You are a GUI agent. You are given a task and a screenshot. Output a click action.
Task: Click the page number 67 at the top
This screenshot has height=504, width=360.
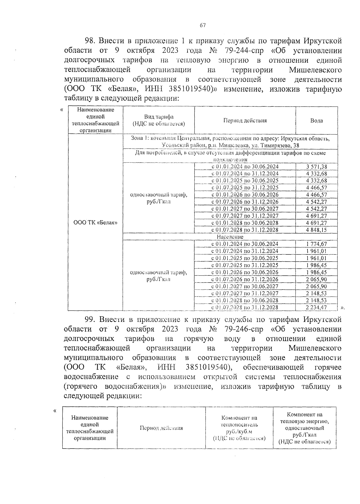[x=202, y=25]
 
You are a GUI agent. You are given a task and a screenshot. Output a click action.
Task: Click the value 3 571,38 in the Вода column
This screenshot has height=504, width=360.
[x=316, y=167]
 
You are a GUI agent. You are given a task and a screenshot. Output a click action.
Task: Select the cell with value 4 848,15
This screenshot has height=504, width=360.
[x=316, y=230]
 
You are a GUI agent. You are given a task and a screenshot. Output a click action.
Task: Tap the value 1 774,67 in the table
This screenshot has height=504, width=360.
[x=316, y=244]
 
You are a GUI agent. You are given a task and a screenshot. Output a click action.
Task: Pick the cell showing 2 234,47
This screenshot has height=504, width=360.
[x=316, y=307]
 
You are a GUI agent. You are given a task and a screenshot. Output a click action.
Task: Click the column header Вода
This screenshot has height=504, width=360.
[x=316, y=121]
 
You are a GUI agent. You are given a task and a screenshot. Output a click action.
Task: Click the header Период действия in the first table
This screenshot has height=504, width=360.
[x=245, y=121]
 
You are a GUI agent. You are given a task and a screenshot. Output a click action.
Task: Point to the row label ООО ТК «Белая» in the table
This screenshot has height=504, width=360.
[x=96, y=223]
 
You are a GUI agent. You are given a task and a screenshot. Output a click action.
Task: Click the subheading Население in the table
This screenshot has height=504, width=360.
[x=230, y=237]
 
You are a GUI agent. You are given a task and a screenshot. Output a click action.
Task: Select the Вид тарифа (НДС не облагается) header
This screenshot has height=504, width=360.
[x=159, y=121]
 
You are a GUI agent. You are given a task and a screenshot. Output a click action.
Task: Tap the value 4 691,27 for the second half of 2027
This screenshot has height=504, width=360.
[x=316, y=216]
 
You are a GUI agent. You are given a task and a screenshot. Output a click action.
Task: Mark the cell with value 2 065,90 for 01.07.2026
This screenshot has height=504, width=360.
[x=316, y=279]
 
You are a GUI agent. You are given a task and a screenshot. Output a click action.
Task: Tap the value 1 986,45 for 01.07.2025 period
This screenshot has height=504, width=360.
[x=316, y=265]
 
